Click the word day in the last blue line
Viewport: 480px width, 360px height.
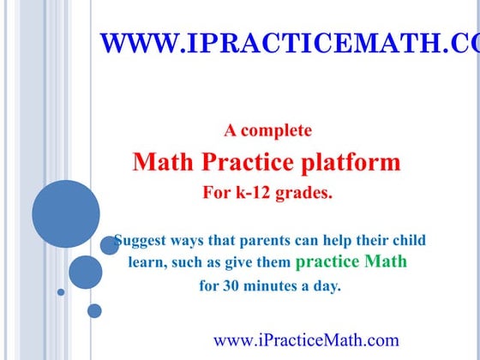click(x=328, y=286)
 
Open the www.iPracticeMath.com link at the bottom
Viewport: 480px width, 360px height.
click(x=306, y=340)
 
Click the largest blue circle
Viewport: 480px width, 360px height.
click(x=66, y=213)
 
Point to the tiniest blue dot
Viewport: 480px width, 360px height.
click(x=61, y=292)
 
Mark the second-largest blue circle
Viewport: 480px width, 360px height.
click(x=86, y=272)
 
